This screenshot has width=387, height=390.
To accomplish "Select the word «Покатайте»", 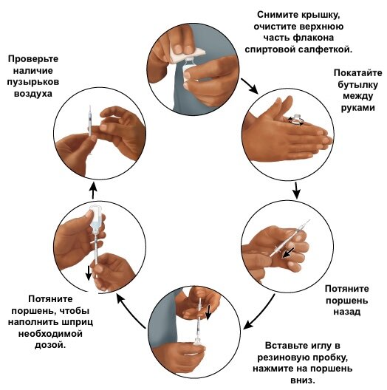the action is [357, 73].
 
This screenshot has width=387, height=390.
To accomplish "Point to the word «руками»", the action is [357, 108].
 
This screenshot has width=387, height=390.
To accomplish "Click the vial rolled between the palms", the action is [297, 119].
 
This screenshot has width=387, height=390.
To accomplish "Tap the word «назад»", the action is [346, 312].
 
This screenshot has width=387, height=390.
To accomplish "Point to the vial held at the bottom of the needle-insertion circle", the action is [199, 343].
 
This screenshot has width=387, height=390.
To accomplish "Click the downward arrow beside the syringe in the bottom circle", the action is [208, 312].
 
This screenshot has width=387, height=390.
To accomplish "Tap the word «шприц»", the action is [78, 322].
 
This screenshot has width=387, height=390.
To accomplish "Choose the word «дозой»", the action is [50, 345].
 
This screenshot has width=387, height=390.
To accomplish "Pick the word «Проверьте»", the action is [33, 59].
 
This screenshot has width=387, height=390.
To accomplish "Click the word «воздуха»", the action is [33, 94].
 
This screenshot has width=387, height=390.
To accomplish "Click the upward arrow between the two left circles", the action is [93, 190].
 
